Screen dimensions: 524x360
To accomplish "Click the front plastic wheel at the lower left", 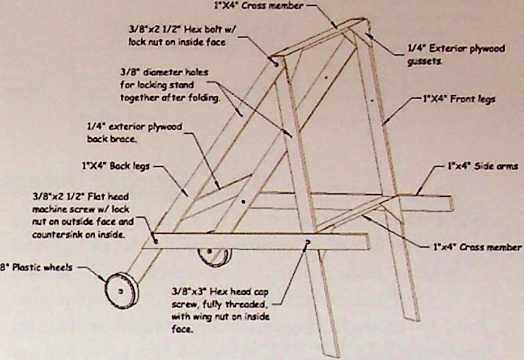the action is coord(121,290).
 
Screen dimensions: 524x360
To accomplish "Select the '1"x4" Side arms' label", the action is coord(482,168).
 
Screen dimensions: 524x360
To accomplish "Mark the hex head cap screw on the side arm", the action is coord(307,242).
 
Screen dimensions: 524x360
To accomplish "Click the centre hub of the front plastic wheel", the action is coord(120,290).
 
